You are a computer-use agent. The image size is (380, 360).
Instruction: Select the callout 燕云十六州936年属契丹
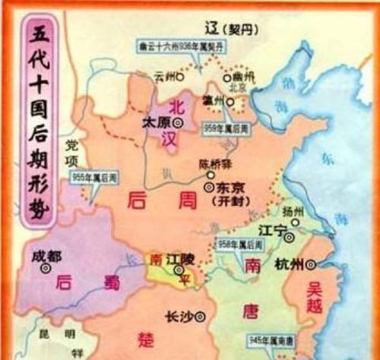(x=176, y=45)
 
